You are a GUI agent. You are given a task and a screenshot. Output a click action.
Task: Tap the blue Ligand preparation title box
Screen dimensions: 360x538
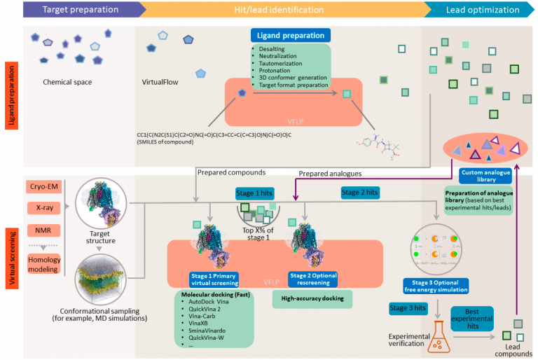(x=291, y=35)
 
